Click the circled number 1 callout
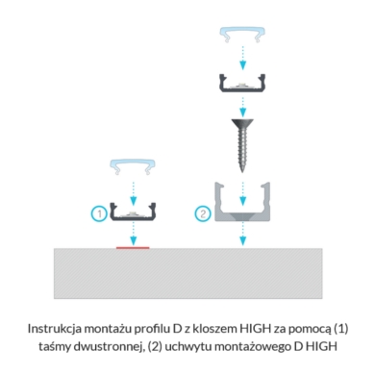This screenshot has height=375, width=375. [99, 213]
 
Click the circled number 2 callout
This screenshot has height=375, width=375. [203, 213]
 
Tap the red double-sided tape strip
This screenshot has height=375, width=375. [133, 247]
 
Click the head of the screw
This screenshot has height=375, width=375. [242, 123]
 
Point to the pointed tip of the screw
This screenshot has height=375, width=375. [242, 171]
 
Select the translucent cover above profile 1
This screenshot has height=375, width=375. [133, 163]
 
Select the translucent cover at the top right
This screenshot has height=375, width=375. [242, 32]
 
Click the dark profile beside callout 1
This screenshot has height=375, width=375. [133, 217]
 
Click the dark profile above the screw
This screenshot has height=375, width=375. [242, 88]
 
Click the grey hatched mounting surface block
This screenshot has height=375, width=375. [188, 273]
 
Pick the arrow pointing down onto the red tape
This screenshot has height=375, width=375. [134, 234]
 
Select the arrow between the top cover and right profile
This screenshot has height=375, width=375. [242, 58]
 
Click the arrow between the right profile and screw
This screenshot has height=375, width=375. [242, 107]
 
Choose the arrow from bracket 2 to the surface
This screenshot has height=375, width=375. [242, 234]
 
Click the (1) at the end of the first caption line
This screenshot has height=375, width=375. [340, 329]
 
